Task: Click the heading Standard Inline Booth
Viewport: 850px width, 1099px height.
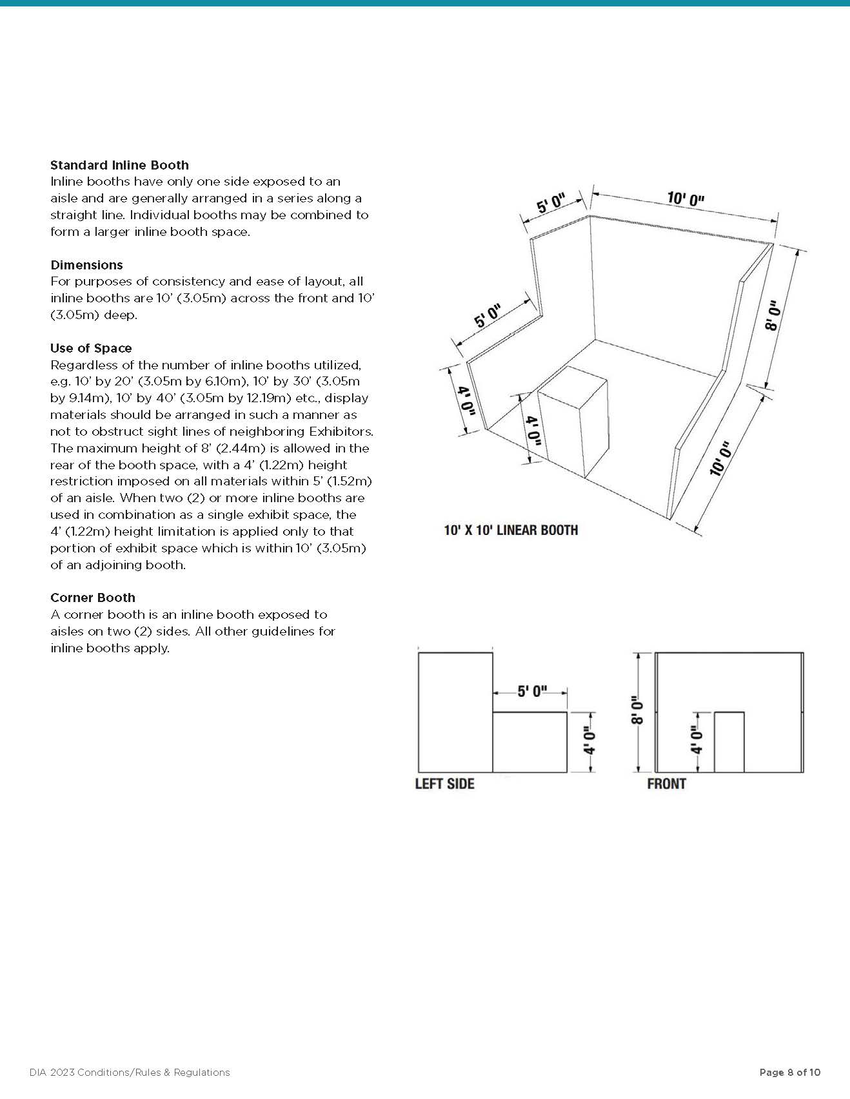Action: (119, 165)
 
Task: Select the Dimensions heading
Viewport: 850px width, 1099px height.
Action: (86, 265)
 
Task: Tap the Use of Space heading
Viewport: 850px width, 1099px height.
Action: (91, 348)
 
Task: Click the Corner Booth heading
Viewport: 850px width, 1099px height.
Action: (93, 598)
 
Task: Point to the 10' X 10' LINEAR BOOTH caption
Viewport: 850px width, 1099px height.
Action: (511, 530)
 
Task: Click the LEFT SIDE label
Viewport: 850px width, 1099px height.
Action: (444, 784)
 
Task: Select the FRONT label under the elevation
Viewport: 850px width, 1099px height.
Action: (666, 784)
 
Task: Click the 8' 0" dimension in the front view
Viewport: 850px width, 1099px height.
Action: (638, 710)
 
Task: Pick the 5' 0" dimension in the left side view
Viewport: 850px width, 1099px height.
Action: (532, 692)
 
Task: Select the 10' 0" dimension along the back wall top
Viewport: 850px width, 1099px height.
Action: (685, 199)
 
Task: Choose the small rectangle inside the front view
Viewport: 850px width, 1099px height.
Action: (729, 742)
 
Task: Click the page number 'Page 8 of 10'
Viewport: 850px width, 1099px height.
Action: (789, 1073)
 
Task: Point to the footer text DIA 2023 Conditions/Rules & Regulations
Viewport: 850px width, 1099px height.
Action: (130, 1073)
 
